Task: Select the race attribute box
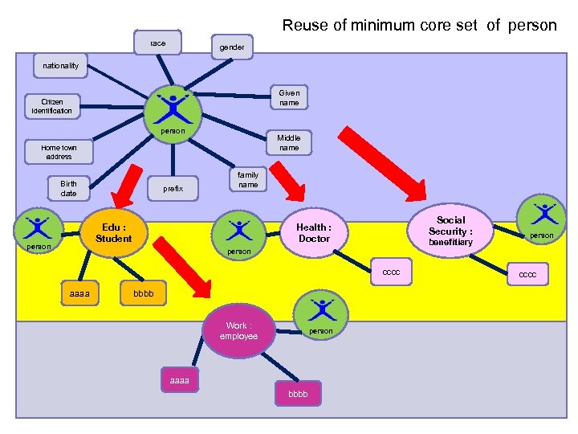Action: (x=158, y=43)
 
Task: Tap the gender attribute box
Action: (x=232, y=47)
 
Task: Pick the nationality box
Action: (x=61, y=65)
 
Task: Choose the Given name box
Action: (x=289, y=97)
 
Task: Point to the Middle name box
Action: (x=289, y=143)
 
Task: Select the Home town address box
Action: (x=59, y=152)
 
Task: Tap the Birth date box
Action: (x=69, y=188)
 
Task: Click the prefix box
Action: (x=173, y=189)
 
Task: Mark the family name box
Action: (x=249, y=179)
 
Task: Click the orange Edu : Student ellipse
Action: (x=114, y=233)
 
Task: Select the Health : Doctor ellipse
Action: (x=314, y=233)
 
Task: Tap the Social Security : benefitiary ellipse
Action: (x=450, y=230)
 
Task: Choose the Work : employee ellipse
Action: (x=239, y=330)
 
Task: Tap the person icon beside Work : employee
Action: (x=322, y=313)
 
